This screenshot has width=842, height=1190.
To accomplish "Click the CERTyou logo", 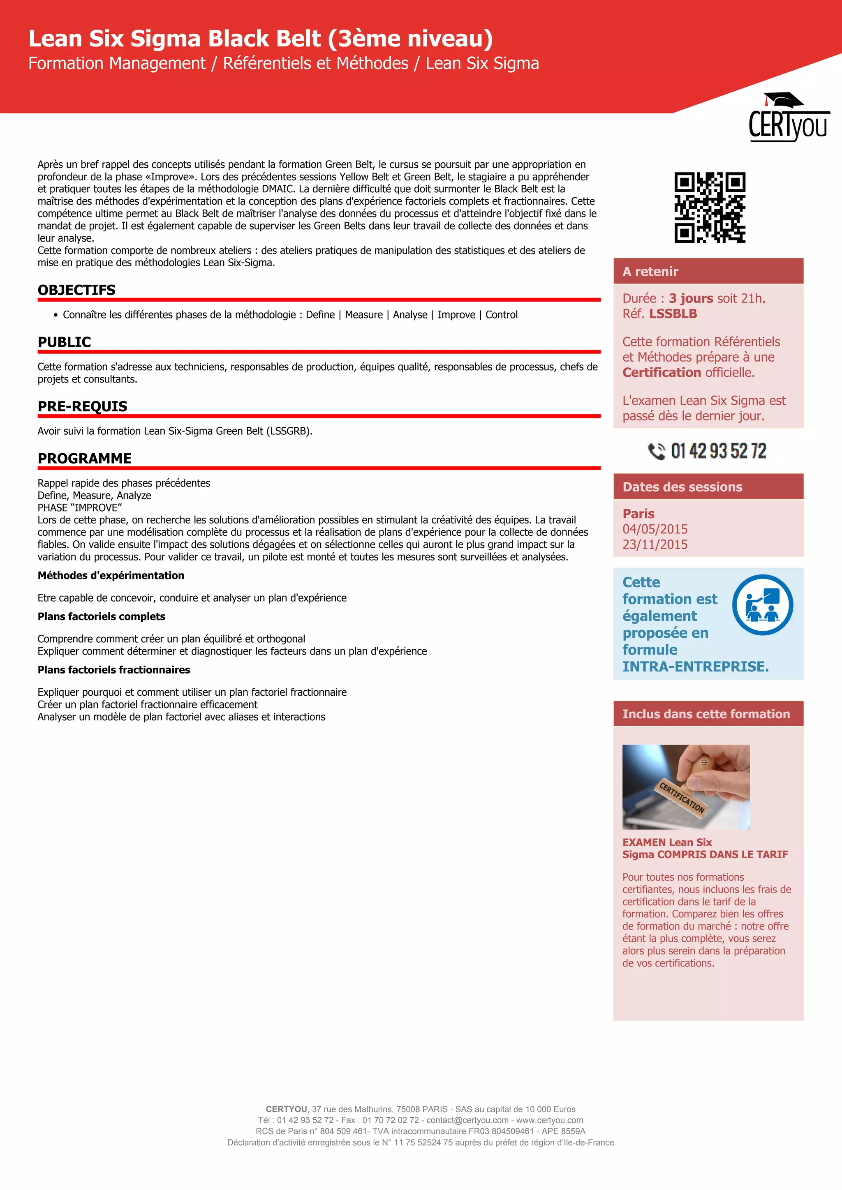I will [788, 118].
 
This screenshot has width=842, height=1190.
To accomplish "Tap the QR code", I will [710, 208].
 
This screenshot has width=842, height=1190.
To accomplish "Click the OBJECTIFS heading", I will [77, 290].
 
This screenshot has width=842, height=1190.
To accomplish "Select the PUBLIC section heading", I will [64, 342].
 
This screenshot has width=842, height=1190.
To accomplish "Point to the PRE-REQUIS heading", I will [83, 406].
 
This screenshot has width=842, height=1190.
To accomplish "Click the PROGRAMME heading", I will [85, 458].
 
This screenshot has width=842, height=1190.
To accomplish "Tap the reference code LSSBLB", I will [673, 314].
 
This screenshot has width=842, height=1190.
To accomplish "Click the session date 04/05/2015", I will [655, 529].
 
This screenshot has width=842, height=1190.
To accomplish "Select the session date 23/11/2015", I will [655, 545].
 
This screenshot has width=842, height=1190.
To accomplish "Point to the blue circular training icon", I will [762, 605].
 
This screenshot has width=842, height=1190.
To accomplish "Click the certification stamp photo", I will [686, 787].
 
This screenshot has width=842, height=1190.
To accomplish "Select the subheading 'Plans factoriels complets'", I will [101, 616].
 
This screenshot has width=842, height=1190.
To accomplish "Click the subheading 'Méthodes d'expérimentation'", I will [111, 575].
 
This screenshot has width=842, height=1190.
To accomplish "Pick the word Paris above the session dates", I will [638, 514].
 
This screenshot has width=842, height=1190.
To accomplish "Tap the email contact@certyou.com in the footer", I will [467, 1120].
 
